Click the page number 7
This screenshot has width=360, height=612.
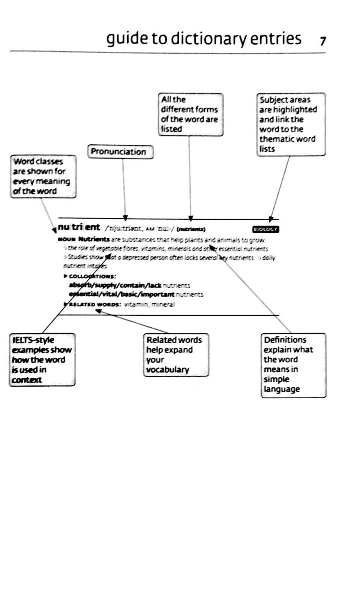(323, 41)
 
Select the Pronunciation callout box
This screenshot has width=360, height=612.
(120, 152)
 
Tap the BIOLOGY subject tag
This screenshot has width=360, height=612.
(266, 229)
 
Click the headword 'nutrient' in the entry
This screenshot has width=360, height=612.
(79, 227)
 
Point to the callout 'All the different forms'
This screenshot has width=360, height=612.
(190, 114)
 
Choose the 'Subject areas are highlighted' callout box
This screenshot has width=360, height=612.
(291, 124)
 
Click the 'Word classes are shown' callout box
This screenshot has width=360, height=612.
(43, 176)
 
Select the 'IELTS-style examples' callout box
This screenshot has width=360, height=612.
(42, 360)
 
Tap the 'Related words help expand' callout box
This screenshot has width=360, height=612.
(176, 355)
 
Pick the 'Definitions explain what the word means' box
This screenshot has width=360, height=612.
(293, 365)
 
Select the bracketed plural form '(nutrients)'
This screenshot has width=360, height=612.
(191, 229)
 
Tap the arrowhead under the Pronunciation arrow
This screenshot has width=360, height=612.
(126, 218)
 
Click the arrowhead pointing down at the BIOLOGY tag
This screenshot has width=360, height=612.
(271, 219)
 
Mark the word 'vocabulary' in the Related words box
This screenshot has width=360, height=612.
(168, 370)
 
